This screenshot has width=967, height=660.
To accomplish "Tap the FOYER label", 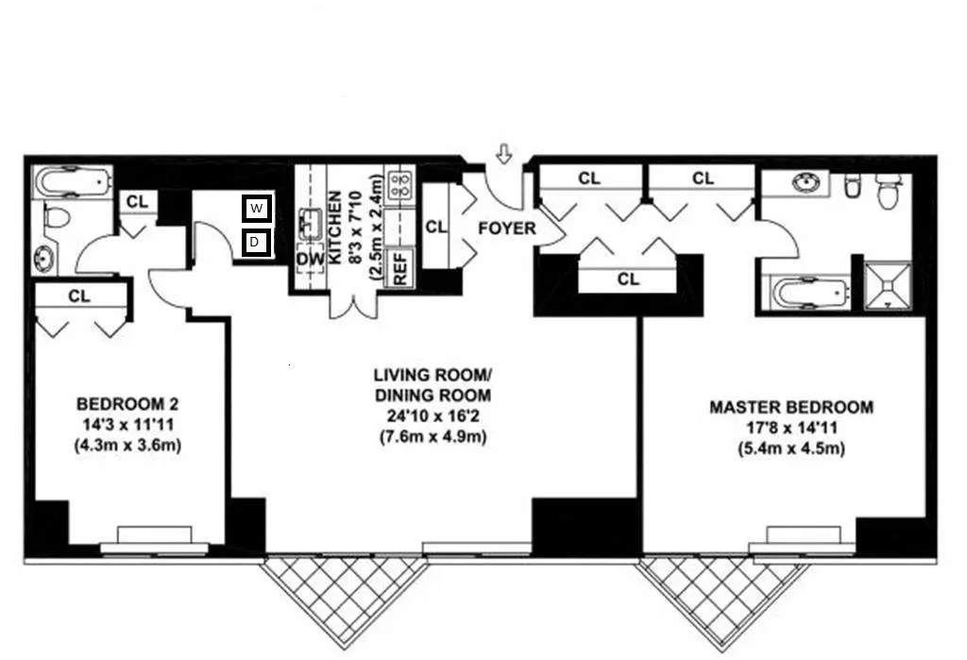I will [506, 228].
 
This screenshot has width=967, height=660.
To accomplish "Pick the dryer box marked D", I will [256, 244].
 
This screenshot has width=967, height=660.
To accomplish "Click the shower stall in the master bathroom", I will [889, 284].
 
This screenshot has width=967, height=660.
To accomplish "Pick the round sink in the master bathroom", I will [805, 184].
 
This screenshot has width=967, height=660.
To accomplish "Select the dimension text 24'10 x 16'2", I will [431, 416].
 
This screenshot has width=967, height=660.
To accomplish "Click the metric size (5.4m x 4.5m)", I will [790, 448].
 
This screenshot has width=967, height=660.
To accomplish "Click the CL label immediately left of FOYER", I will [435, 227].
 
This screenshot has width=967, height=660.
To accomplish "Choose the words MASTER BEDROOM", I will [790, 407].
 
